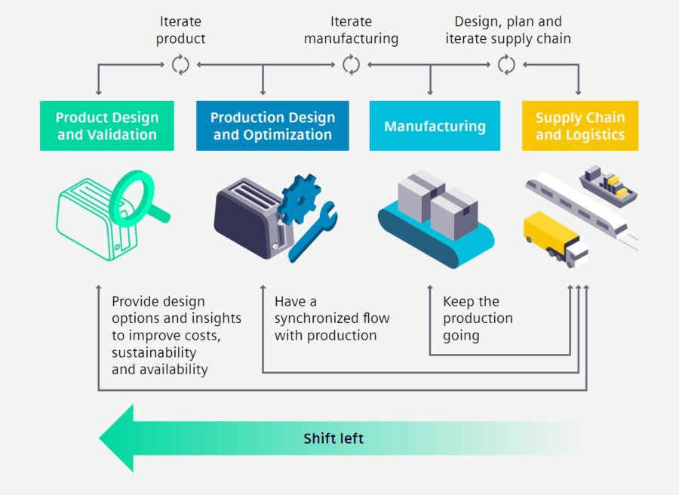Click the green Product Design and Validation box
[107, 126]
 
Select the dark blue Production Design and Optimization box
[272, 126]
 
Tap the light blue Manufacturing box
[435, 126]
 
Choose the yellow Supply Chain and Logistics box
[580, 126]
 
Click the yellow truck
[555, 238]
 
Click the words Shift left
[333, 438]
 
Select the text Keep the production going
[478, 318]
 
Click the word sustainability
[154, 353]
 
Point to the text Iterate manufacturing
[351, 30]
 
